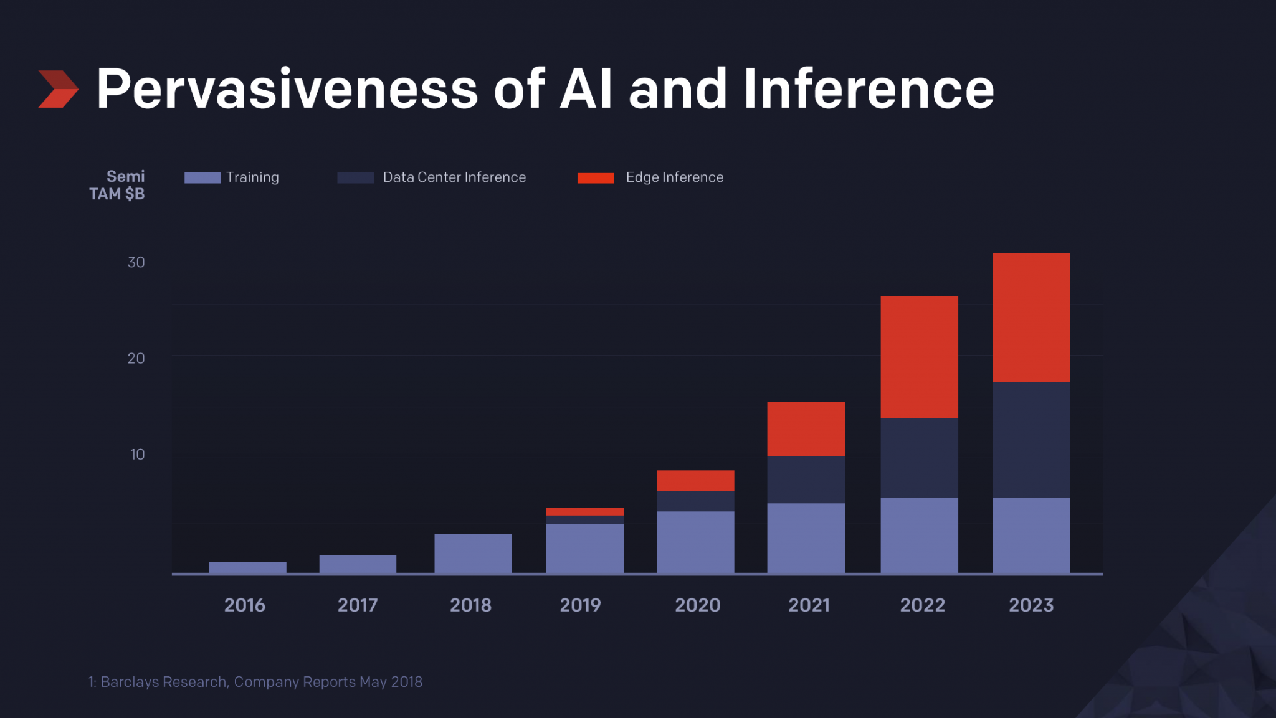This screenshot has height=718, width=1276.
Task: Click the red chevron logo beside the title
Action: (58, 89)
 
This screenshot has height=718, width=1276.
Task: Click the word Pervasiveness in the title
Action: (287, 89)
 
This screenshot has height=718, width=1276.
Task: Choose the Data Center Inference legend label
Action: (454, 177)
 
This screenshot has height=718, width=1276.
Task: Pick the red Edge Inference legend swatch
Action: (596, 178)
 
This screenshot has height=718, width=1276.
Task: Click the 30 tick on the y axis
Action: (136, 262)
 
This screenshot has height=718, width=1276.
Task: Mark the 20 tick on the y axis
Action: (136, 358)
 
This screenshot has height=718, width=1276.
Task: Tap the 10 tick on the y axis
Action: (137, 455)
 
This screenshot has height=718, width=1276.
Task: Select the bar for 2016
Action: (247, 567)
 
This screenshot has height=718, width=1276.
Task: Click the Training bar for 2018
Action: (473, 553)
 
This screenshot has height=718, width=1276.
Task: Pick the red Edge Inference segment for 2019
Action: (585, 512)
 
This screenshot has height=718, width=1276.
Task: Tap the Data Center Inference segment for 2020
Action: (695, 501)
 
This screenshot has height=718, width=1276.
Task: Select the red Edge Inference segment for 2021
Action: (806, 429)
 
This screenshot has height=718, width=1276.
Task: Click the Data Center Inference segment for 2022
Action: (919, 458)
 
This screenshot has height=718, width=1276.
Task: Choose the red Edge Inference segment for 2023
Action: (1031, 318)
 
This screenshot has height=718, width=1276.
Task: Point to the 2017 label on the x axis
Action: (358, 605)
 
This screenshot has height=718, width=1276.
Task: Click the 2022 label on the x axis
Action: (922, 605)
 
